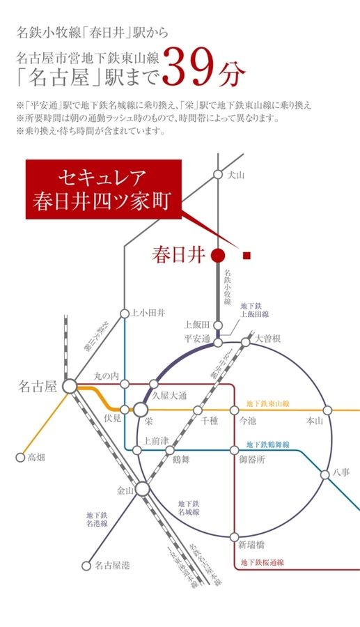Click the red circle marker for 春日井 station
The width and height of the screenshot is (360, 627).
tap(217, 256)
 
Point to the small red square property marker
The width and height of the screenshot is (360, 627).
tap(246, 256)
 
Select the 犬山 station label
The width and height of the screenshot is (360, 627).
tap(237, 176)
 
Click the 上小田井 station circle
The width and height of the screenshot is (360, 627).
tap(125, 313)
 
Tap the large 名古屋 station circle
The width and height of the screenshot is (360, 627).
tap(70, 385)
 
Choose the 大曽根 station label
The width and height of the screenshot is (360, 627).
tap(267, 339)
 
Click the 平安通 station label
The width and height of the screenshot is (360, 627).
tap(196, 339)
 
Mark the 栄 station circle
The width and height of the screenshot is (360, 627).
tap(142, 410)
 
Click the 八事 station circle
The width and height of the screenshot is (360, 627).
tap(325, 474)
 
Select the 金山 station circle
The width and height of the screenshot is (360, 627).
tap(142, 489)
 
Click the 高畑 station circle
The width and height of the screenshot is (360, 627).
tap(19, 458)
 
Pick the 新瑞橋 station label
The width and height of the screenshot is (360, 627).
tap(251, 544)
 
